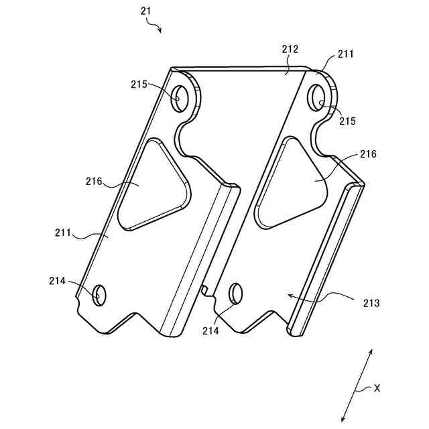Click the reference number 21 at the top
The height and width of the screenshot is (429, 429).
[x=146, y=11]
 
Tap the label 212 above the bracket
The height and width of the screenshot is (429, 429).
[x=290, y=49]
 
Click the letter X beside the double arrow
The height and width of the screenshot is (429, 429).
[x=377, y=387]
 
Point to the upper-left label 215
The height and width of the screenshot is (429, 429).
[x=140, y=84]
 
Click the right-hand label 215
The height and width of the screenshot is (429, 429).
[x=347, y=121]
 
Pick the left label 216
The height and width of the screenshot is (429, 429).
[x=95, y=181]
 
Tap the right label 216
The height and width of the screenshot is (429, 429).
[x=368, y=154]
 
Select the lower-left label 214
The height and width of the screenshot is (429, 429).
[x=58, y=282]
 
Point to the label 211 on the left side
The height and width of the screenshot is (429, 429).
[x=64, y=233]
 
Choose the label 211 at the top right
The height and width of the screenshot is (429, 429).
[x=347, y=53]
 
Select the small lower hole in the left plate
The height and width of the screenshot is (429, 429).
[x=99, y=294]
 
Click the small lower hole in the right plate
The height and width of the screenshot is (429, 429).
[x=236, y=294]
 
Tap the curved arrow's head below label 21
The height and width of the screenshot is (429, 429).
[x=160, y=30]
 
